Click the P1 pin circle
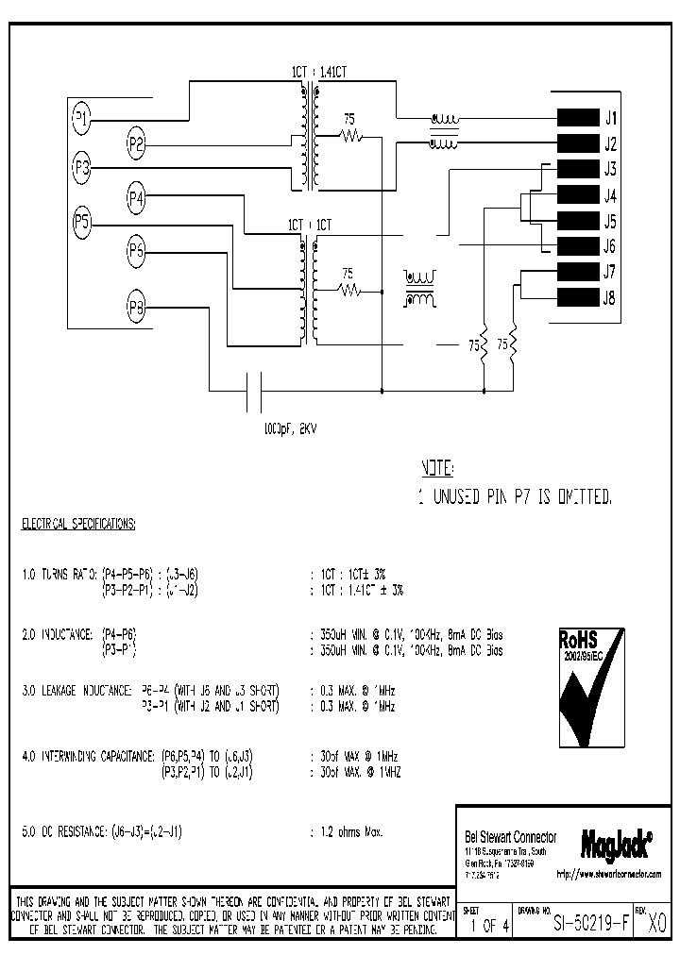[82, 118]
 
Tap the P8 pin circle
[136, 306]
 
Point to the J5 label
[609, 222]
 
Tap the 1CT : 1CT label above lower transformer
[310, 226]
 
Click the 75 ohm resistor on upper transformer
[350, 136]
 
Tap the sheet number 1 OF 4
[487, 925]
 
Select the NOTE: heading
[436, 468]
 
